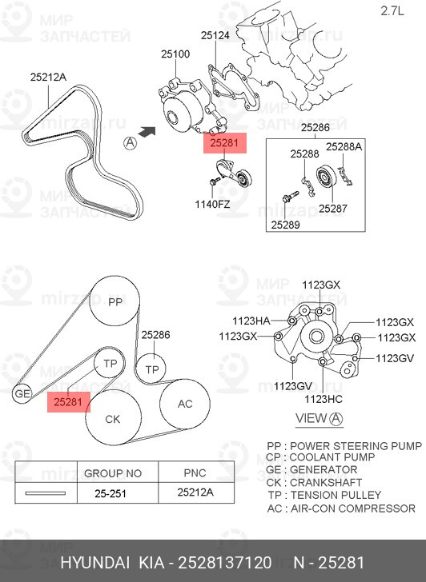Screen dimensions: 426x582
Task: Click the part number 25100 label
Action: coord(175,54)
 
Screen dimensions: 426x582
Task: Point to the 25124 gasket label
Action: coord(215,36)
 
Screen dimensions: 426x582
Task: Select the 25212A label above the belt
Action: coord(48,78)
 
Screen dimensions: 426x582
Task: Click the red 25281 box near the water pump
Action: coord(224,143)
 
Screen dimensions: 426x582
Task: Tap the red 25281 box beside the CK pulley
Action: coord(68,402)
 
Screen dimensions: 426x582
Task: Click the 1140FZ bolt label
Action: coord(212,204)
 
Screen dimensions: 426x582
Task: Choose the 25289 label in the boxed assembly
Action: coord(285,225)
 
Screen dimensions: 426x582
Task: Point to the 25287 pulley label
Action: coord(332,209)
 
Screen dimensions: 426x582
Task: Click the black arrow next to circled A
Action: coord(146,132)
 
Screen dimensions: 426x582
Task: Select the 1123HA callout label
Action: coord(251,321)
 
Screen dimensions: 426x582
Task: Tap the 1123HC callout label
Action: coord(324,399)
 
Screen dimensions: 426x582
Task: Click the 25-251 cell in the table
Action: coord(111,493)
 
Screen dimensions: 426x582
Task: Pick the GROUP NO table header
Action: coord(113,473)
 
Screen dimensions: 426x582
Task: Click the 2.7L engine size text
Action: coord(392,11)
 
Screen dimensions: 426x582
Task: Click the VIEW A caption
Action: coord(319,419)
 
